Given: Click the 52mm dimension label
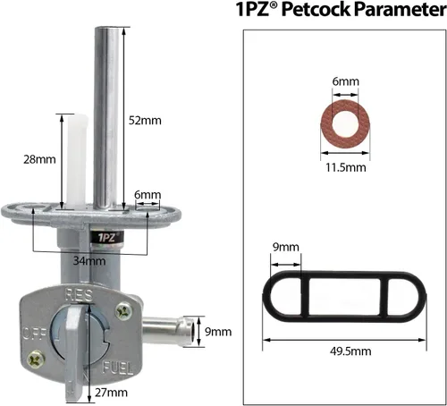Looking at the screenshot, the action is click(145, 121).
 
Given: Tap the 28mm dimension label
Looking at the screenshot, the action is click(39, 159).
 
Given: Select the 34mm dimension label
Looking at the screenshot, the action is click(89, 261).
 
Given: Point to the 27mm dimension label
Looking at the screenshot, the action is click(111, 393).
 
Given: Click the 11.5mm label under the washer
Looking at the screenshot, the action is click(346, 167).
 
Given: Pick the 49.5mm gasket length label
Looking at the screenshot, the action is click(350, 351).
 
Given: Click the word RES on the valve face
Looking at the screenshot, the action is click(79, 294).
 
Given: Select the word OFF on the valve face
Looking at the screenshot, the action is click(35, 334).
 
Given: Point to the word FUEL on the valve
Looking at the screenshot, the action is click(117, 368).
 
